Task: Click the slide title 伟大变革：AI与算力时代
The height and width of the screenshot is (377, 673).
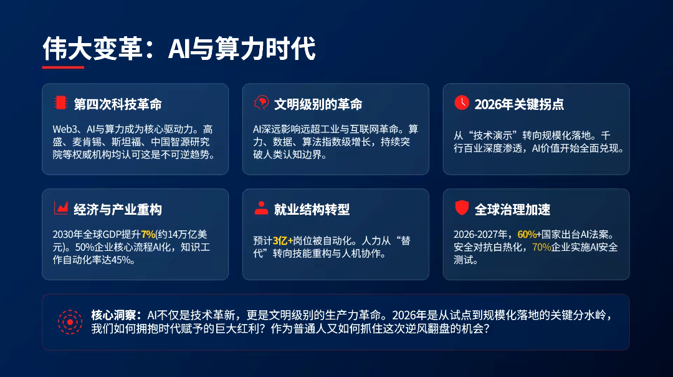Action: [179, 48]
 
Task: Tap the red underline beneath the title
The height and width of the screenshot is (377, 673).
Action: [63, 67]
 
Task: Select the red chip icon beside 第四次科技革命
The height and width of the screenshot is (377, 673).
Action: [60, 103]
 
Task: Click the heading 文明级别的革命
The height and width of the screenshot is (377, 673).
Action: [318, 104]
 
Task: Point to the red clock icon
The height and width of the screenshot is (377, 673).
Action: [462, 103]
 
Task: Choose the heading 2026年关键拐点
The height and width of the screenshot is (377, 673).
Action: [519, 104]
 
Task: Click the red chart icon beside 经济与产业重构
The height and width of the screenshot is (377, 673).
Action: [61, 208]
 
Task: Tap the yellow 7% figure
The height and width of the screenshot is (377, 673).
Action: [148, 234]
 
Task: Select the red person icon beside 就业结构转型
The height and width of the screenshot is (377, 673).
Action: [261, 208]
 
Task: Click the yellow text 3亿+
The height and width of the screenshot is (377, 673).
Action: [283, 241]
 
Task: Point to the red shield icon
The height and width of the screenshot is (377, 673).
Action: [462, 208]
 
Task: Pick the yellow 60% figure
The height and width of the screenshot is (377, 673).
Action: [527, 234]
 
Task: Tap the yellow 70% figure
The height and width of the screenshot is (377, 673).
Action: [542, 247]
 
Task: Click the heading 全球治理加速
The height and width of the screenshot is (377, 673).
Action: [512, 209]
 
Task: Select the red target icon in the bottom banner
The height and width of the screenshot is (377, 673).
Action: [70, 322]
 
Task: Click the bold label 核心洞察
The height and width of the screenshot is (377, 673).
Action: [114, 315]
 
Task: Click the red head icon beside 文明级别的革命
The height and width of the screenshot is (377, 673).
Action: [261, 103]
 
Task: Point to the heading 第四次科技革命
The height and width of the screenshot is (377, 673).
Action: [118, 104]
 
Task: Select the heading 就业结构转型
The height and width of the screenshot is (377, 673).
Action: [312, 209]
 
